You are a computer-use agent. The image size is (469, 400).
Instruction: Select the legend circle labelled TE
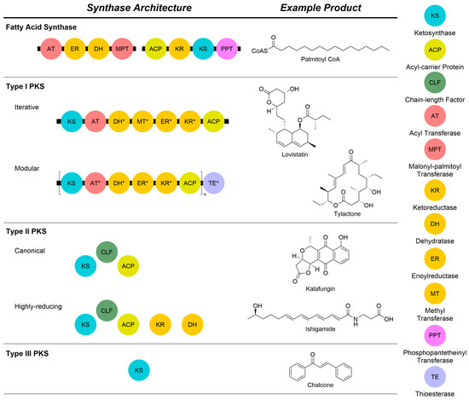(x=433, y=359)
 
